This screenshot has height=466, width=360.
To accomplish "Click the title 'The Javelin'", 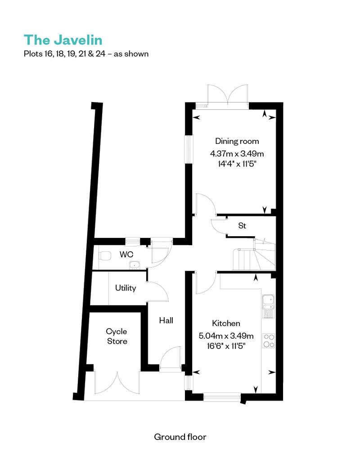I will pos(63,40).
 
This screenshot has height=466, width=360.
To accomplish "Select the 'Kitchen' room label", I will pos(226,323).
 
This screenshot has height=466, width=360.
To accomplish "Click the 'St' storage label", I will pos(242,226).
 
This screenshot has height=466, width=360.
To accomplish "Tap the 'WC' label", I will pos(126,255).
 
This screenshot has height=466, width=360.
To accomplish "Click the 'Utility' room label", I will pos(126,288).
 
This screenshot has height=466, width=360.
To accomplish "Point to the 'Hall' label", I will pos(166,321).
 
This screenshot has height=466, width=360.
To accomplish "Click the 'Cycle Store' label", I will pos(117,336).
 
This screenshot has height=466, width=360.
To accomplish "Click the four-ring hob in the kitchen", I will pos(269,341).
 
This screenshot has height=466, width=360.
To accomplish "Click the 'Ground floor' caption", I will pos(180,437).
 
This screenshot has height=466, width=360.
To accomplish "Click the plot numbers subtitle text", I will pos(86,54).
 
